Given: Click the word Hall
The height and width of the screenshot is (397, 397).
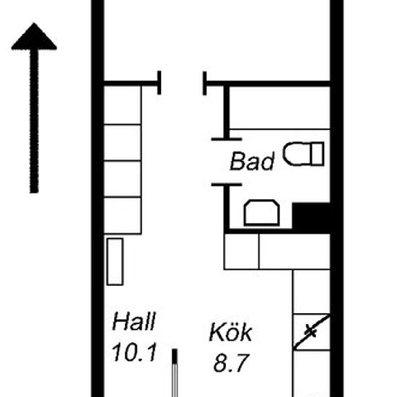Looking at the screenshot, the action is point(134,321).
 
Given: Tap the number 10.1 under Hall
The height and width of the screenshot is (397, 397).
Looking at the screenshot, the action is point(134,352).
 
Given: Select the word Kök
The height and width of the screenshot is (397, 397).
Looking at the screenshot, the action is point(231,332).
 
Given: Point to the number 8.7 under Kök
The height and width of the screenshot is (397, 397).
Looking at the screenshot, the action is point(232,363).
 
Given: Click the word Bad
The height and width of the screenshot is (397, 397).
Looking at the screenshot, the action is point(252,161).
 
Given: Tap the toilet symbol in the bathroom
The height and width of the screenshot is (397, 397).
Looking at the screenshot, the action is point(304,154).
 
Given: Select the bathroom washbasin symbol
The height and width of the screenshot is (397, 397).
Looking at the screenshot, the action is point(262,213).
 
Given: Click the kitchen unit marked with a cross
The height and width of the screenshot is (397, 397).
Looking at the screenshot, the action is point(312,332).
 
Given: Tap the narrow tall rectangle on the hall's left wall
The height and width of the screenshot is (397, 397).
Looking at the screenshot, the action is point(115,261).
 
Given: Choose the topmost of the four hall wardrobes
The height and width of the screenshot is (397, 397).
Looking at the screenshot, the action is point(123,105).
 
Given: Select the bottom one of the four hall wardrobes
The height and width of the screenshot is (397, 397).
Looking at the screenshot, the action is point(123,215).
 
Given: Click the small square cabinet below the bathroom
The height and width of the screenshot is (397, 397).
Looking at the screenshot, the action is point(242,251).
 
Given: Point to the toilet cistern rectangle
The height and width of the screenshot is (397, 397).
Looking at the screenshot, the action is point(318,154).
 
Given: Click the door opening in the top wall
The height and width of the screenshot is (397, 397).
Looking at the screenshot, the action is point(182,83).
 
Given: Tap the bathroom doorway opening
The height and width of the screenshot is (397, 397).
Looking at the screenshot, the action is point(227,162).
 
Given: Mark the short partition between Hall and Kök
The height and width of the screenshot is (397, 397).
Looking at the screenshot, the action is point(175,372).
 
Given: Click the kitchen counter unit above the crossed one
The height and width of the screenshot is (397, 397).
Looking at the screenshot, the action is point(312,292).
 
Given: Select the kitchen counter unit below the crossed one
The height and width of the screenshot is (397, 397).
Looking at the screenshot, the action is point(312,373).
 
